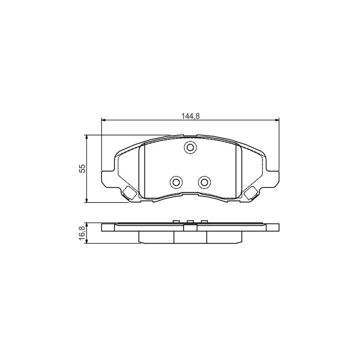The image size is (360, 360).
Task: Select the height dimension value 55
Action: pos(82,168)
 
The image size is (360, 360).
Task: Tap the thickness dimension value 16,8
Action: pos(82,233)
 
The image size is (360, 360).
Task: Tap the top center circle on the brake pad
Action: pos(190,148)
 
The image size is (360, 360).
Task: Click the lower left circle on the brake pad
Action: pos(176,183)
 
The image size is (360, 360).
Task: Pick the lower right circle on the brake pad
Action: pos(204,183)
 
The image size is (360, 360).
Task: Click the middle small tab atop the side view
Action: pos(190,222)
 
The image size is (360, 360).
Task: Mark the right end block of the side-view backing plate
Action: pos(272,228)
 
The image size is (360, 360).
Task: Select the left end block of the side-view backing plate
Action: pos(108,228)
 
